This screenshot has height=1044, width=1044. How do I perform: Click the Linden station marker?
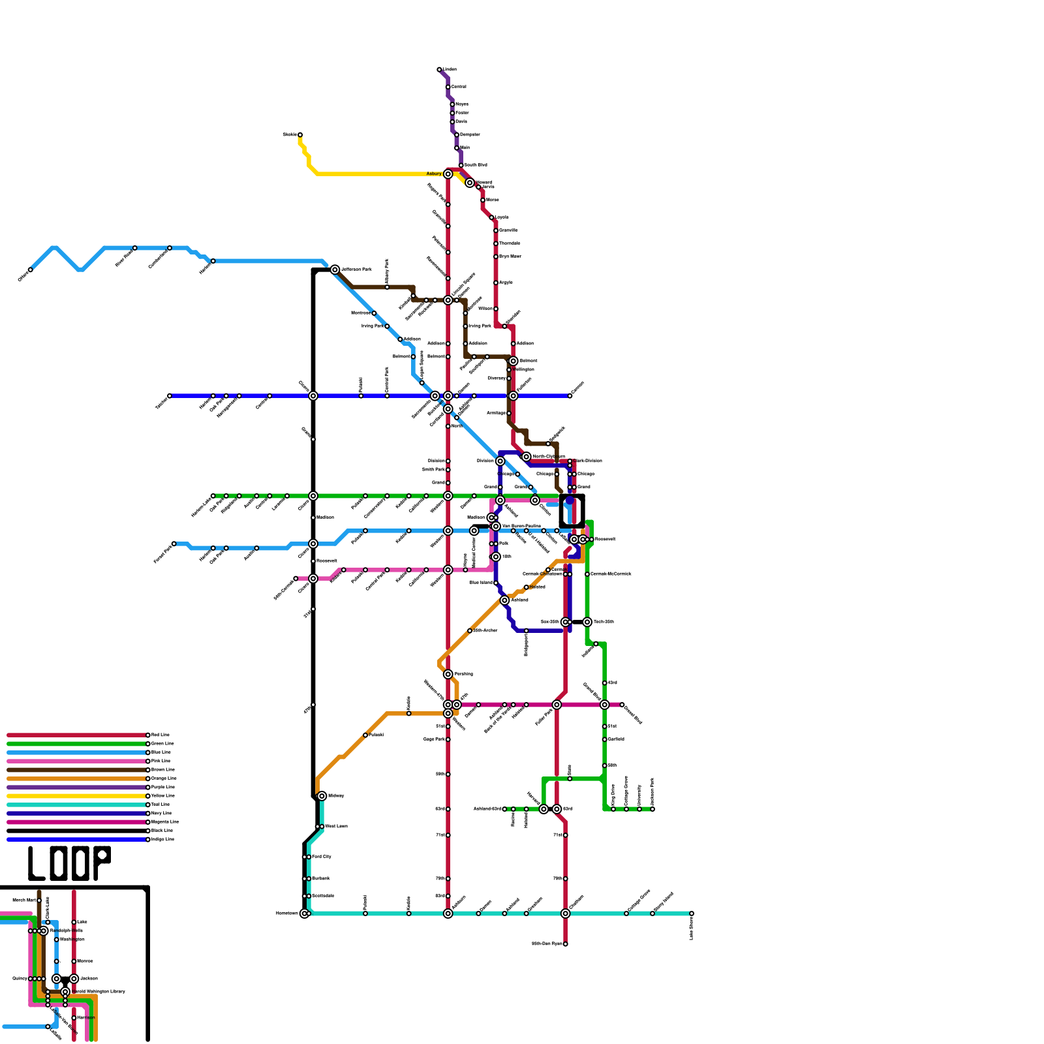[439, 69]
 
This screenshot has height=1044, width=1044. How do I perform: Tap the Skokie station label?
[289, 134]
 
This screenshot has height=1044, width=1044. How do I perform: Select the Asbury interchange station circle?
[448, 174]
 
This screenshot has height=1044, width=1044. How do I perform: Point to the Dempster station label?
[470, 134]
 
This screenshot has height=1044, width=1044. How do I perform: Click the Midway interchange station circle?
[322, 796]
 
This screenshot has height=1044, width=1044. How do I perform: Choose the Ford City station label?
[322, 857]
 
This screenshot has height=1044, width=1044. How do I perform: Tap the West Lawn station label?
[336, 827]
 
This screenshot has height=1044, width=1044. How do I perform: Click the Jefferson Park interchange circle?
[335, 269]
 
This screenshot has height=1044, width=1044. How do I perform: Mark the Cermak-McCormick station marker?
[587, 574]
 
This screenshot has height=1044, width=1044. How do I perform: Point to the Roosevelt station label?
[606, 540]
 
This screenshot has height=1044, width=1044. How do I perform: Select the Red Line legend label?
[160, 735]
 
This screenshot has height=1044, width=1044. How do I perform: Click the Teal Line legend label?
[161, 805]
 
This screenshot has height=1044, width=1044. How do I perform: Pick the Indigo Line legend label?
[162, 839]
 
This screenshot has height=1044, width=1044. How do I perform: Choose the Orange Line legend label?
[164, 778]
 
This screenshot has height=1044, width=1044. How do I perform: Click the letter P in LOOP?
[101, 863]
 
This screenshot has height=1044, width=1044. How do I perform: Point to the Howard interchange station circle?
[470, 183]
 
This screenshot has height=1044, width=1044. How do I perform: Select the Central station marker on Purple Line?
[448, 87]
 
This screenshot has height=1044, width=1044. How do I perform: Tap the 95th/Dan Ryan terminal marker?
[565, 944]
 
